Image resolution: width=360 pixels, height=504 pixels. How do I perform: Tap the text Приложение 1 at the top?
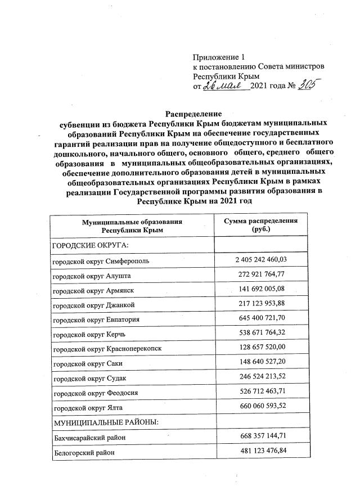coord(219,57)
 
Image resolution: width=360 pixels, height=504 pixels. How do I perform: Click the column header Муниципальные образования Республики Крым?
coord(132,226)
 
